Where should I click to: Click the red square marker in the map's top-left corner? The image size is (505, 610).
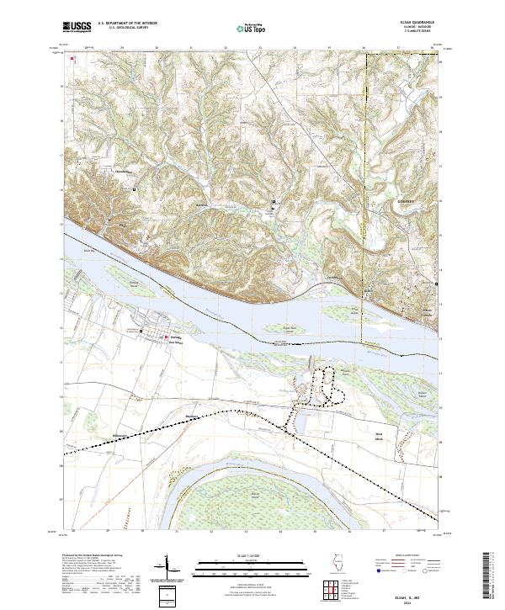pos(73,58)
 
